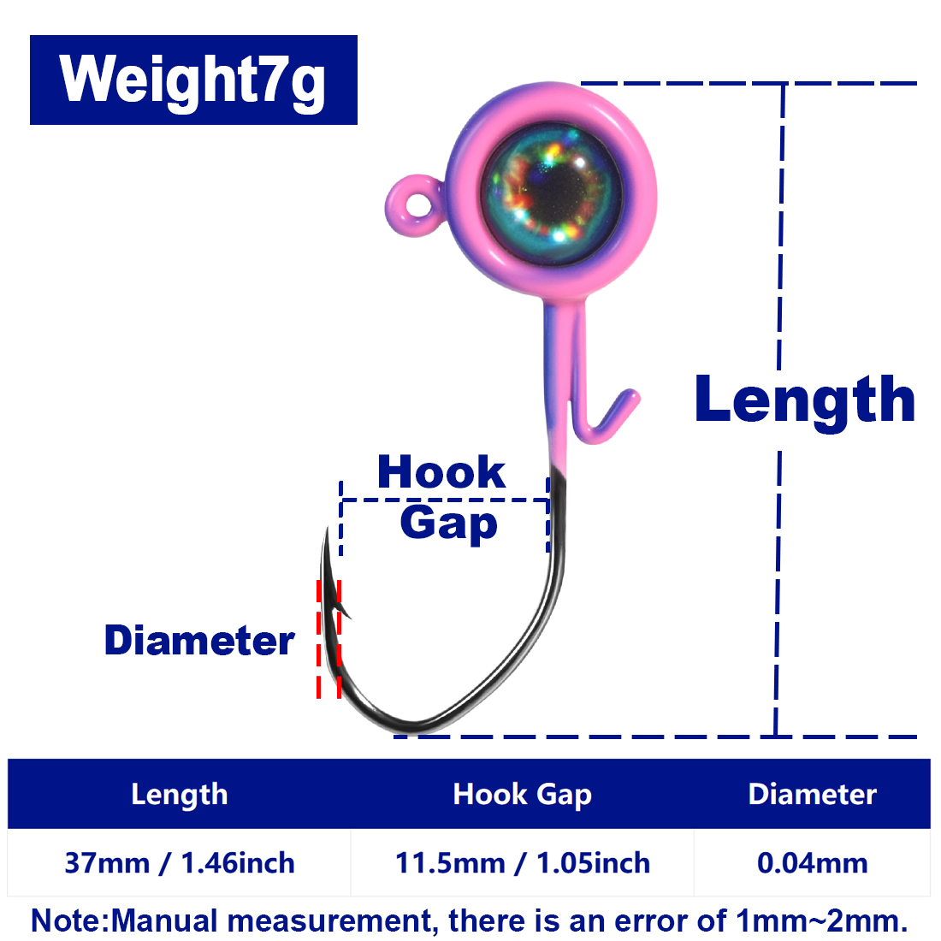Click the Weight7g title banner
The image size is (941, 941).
(x=193, y=80)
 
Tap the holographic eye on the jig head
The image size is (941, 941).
(x=552, y=194)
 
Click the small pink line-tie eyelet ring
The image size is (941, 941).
(x=415, y=204)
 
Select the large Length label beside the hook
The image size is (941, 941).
(x=805, y=400)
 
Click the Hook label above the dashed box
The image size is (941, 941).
(x=441, y=472)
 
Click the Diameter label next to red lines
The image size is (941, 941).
(x=199, y=641)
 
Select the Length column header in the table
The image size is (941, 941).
(x=180, y=794)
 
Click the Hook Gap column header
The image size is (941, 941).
(x=522, y=794)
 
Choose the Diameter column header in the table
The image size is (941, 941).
(x=813, y=794)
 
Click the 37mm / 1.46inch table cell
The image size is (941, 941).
(x=180, y=863)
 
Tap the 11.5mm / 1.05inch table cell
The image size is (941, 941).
(x=522, y=863)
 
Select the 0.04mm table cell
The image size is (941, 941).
(x=813, y=863)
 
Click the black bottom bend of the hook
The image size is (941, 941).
(x=414, y=725)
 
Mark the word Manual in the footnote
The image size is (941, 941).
(x=164, y=920)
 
